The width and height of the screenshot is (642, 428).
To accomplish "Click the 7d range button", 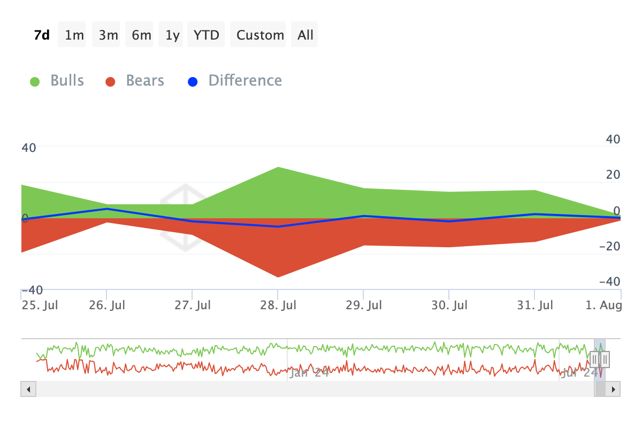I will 42,35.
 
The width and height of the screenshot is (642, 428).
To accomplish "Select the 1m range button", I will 74,35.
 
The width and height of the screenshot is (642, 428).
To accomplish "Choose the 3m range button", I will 108,35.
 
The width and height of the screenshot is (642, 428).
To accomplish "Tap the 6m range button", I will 142,35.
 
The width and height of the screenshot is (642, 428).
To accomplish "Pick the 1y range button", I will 172,35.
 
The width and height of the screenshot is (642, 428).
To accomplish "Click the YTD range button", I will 206,35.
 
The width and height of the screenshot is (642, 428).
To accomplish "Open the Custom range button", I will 260,35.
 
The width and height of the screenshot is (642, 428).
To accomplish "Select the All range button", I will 305,35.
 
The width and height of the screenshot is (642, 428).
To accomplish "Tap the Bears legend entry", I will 135,81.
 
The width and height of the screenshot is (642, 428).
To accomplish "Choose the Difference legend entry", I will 235,81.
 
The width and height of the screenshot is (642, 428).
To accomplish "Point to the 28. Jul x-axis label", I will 278,305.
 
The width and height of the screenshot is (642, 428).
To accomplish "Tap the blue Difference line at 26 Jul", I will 106,209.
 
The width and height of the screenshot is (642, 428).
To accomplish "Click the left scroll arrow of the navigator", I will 28,389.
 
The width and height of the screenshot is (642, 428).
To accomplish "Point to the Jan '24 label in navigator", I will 309,373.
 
